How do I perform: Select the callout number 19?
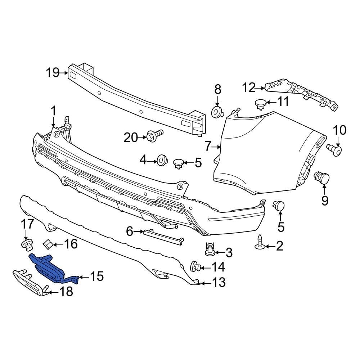pos(53,73)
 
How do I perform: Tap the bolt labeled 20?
pos(154,136)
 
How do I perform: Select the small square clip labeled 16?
pos(47,244)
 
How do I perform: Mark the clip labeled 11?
pos(260,104)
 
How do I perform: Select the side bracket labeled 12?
pos(302,94)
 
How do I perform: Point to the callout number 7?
pos(207,147)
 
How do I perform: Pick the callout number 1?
pos(53,111)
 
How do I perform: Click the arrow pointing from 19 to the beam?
pos(64,73)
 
